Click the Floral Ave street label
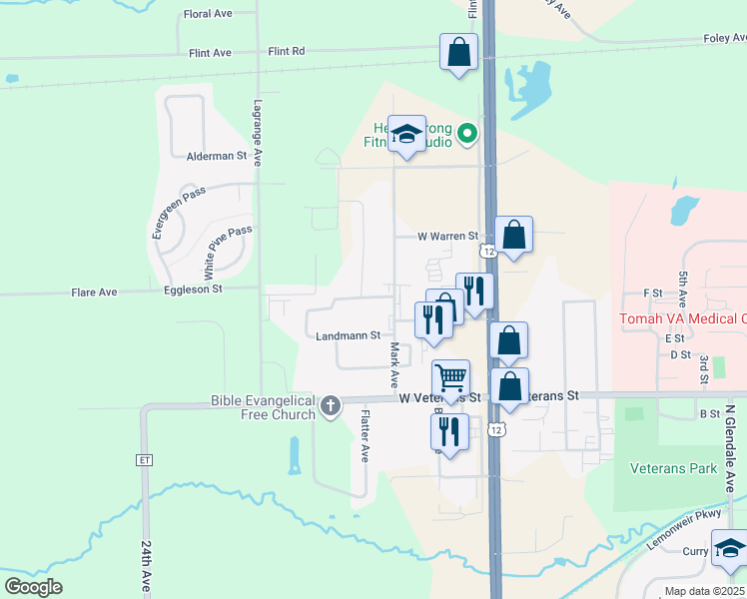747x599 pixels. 208,14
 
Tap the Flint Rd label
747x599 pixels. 286,51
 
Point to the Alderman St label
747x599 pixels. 217,156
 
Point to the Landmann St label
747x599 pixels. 348,336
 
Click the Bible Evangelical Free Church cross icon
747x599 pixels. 331,406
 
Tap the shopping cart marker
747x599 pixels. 450,378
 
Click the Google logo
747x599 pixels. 34,587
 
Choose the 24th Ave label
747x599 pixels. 148,567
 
